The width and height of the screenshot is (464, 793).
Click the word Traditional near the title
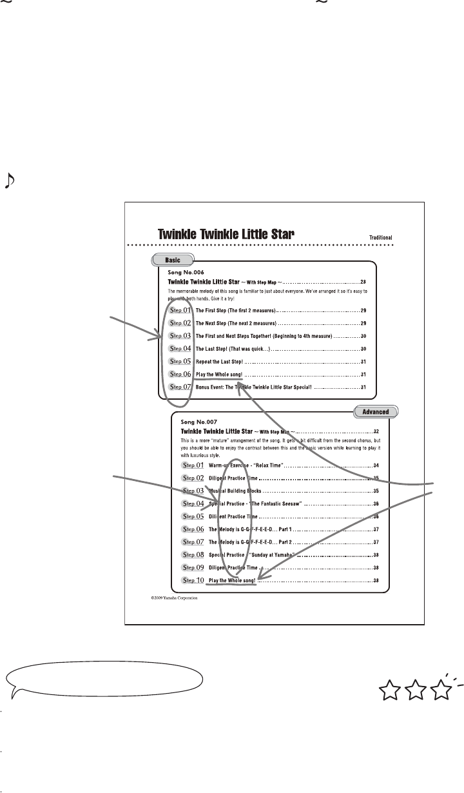tap(380, 237)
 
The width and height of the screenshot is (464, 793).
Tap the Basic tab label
tap(172, 260)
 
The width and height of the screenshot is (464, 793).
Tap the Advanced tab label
tap(376, 410)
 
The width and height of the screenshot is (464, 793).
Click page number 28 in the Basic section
tap(363, 282)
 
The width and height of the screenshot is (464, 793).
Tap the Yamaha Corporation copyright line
tap(174, 598)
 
